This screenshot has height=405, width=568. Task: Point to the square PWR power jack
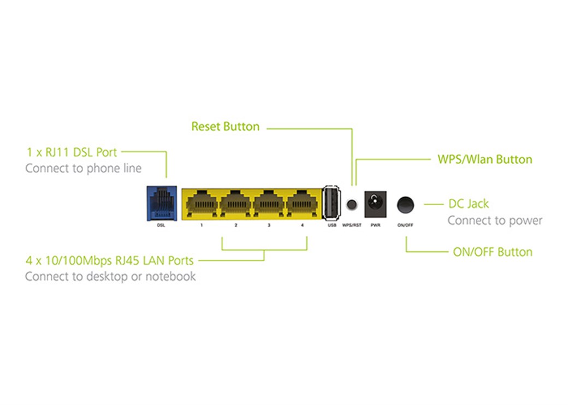point(375,204)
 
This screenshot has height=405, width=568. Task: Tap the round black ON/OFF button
point(405,205)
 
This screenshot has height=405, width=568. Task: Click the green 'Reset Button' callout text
point(225,127)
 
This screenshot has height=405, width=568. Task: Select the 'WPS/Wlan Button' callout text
point(484,159)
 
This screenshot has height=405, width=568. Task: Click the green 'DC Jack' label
point(469,204)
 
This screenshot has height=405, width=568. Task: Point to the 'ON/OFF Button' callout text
point(493,252)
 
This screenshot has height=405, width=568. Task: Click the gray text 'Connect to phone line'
point(83,168)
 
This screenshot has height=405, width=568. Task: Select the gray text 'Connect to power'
point(495,221)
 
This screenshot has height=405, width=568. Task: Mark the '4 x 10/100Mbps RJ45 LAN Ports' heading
point(109,260)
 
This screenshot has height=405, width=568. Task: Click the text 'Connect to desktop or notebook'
point(110,277)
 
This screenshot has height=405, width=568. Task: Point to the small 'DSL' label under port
point(160,225)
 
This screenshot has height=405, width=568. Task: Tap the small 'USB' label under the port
point(332,225)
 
